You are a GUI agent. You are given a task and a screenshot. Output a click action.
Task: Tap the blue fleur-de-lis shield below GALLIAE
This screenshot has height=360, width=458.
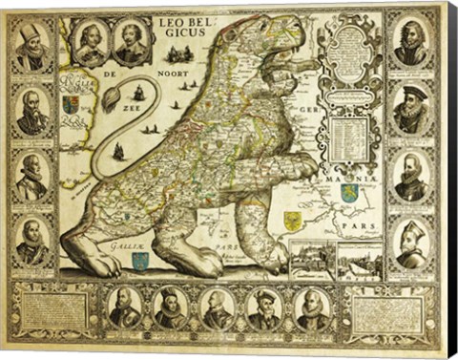(141, 259)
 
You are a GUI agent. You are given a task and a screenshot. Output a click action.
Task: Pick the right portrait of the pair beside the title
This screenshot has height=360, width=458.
(132, 43)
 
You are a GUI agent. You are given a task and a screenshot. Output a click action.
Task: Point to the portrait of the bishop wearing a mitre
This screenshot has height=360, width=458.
(411, 243)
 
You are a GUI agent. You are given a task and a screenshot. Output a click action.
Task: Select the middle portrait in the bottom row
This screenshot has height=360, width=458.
(219, 307)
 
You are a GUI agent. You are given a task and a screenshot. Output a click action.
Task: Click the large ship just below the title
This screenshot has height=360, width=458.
(140, 93)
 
